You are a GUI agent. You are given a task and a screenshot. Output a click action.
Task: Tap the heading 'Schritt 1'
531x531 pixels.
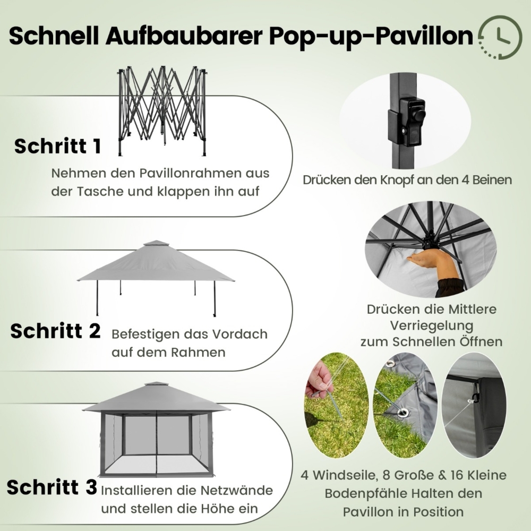click(x=57, y=147)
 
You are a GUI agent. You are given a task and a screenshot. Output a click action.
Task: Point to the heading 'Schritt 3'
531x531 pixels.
click(x=52, y=486)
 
